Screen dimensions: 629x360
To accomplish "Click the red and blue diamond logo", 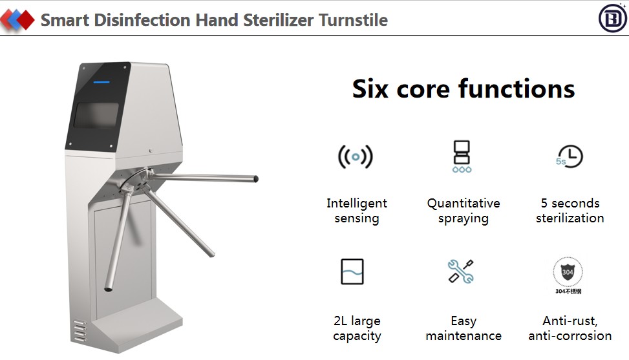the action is [x=17, y=19].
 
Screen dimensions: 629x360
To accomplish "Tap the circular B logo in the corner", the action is [x=613, y=18].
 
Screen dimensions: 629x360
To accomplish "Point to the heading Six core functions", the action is [x=464, y=89].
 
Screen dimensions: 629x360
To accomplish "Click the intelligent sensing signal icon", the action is [x=356, y=157].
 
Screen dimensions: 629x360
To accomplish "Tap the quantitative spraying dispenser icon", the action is [x=462, y=157].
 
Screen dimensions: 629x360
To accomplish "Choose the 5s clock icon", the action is [x=570, y=156].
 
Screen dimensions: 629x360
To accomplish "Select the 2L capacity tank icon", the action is [x=352, y=271].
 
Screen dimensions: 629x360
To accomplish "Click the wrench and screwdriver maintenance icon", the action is [x=461, y=271].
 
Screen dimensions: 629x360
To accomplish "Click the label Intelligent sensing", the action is [x=357, y=211].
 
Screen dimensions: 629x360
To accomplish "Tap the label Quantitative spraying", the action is [x=464, y=211].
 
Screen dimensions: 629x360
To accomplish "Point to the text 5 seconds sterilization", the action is [x=570, y=211].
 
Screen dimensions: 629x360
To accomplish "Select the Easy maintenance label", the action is [x=464, y=328].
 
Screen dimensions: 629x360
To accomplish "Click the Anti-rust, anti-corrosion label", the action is [x=570, y=328].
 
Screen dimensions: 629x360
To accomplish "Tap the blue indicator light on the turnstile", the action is [x=101, y=82].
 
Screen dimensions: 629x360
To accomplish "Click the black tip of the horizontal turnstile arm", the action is [x=256, y=179].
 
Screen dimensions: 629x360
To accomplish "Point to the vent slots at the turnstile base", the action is [x=80, y=331].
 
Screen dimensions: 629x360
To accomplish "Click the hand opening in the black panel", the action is [x=96, y=116].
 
